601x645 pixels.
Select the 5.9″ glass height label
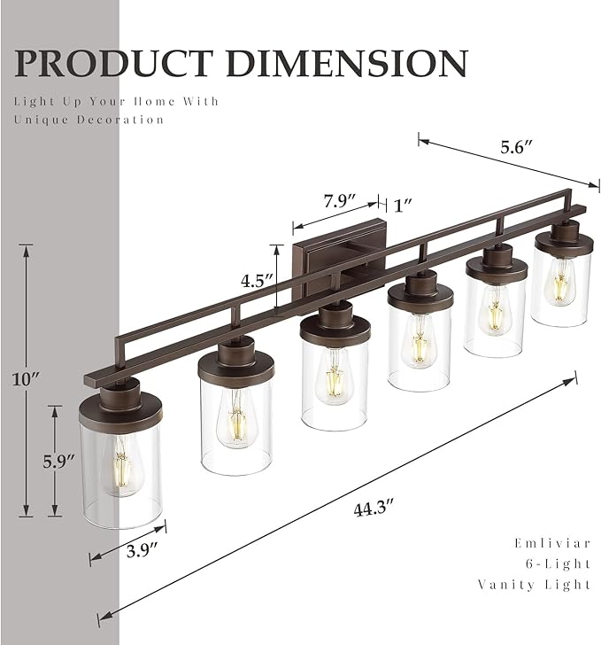[x=58, y=462]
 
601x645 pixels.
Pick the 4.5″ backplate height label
[x=257, y=280]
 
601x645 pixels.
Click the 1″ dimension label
[x=404, y=206]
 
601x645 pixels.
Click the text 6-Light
[x=559, y=563]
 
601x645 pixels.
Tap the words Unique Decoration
[x=89, y=120]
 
